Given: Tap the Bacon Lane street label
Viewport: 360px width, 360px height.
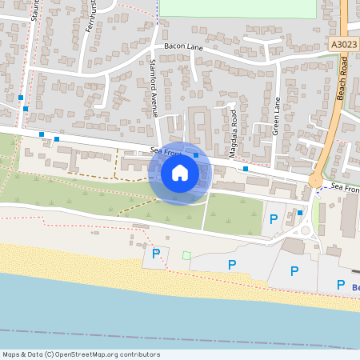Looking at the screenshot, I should pos(184,47).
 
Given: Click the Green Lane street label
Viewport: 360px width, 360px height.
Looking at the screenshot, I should pos(274,116).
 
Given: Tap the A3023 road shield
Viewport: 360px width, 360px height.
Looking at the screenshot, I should pos(342,47).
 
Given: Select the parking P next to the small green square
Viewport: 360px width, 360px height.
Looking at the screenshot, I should pos(156,254).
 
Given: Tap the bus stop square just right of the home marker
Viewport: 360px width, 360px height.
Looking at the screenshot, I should pos(196,155).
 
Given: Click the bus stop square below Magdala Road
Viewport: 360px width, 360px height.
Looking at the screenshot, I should pos(246,169).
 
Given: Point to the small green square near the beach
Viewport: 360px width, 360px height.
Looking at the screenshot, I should pos(186,255).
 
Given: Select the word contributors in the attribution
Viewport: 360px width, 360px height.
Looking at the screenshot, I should pos(138,354).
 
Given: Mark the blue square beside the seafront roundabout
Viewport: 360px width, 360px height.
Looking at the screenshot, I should pos(300,213).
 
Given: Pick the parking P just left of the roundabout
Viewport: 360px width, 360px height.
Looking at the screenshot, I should pos(273,218).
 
